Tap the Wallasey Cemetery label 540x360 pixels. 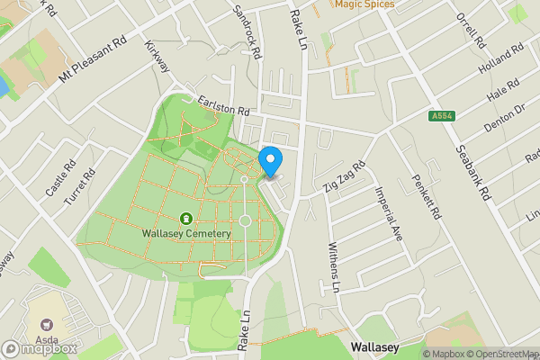(186, 233)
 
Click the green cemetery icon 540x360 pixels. (186, 218)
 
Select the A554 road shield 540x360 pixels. (441, 116)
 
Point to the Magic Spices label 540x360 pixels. (365, 4)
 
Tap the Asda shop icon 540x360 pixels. (47, 323)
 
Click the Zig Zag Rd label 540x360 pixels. (346, 177)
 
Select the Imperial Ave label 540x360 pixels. (390, 212)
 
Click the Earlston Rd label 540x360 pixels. (223, 107)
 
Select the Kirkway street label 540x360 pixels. (157, 56)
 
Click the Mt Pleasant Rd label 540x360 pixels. (94, 61)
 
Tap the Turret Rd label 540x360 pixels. (79, 190)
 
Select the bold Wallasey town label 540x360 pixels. (373, 346)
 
